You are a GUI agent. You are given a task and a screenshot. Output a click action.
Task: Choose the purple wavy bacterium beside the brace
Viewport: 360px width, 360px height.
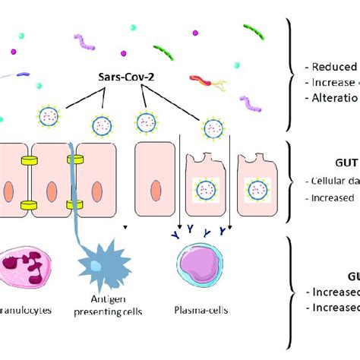(250, 100)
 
